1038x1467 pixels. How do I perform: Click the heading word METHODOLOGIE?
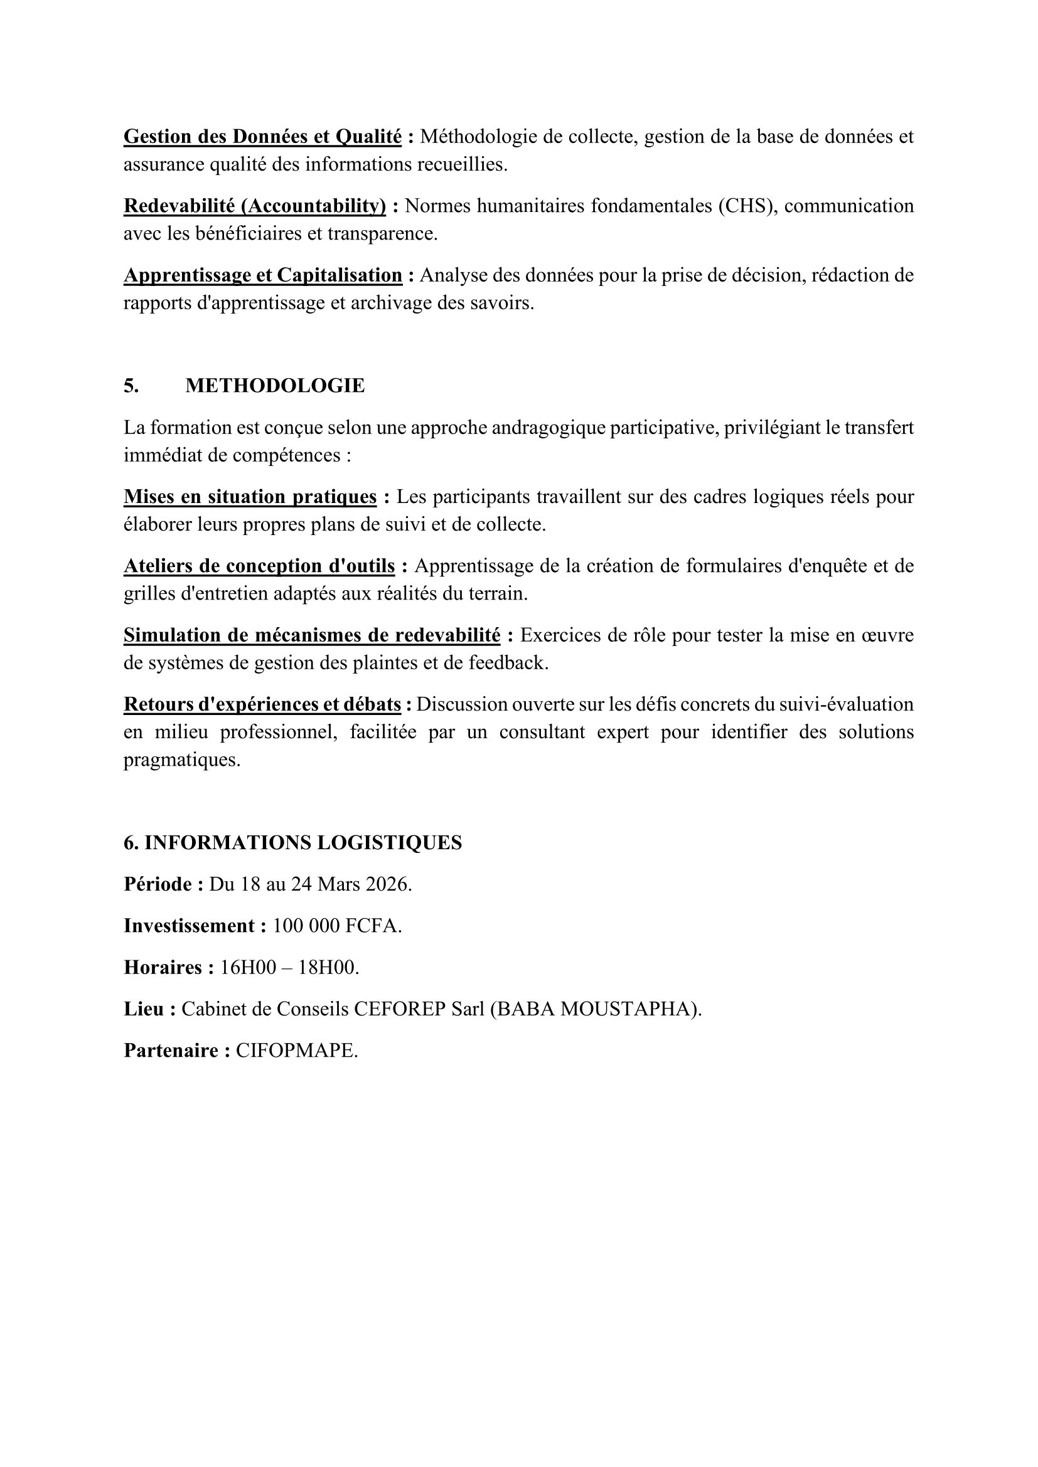pyautogui.click(x=275, y=386)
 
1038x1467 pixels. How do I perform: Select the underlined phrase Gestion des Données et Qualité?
pyautogui.click(x=262, y=137)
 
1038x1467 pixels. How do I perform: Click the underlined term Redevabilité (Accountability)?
pyautogui.click(x=254, y=206)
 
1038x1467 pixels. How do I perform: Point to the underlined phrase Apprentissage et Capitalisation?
pyautogui.click(x=263, y=275)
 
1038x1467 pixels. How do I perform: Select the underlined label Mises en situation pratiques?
pyautogui.click(x=250, y=497)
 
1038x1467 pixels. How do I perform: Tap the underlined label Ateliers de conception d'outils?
pyautogui.click(x=259, y=566)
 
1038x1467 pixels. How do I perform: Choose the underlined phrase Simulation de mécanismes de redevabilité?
pyautogui.click(x=311, y=635)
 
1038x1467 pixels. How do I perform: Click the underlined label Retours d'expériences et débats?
pyautogui.click(x=262, y=704)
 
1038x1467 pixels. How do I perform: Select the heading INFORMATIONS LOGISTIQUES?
pyautogui.click(x=303, y=843)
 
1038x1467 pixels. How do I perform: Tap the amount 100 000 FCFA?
pyautogui.click(x=336, y=926)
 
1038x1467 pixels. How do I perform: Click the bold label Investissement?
pyautogui.click(x=189, y=926)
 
